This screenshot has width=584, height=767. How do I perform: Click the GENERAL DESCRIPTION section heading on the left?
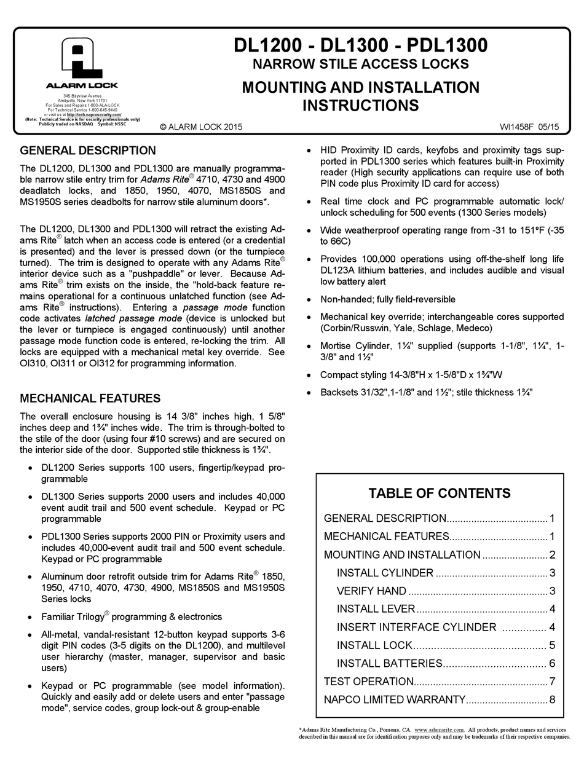click(x=88, y=151)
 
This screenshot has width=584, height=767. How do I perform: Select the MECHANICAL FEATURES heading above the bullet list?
click(x=90, y=398)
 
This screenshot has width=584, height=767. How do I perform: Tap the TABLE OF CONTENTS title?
click(x=440, y=493)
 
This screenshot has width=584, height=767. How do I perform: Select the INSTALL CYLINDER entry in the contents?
click(x=385, y=573)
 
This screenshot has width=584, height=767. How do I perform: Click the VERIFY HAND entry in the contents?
click(x=371, y=591)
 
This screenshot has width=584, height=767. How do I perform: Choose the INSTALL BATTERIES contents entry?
click(x=390, y=663)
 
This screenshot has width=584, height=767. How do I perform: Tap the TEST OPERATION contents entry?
click(x=369, y=681)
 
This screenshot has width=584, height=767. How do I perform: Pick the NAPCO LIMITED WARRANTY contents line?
click(x=394, y=699)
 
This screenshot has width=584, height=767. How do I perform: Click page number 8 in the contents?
click(x=553, y=699)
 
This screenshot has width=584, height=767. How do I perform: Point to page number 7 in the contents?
click(x=553, y=681)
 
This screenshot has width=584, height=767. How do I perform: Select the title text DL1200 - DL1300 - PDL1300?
click(x=360, y=45)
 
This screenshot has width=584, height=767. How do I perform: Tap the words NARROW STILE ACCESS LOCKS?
click(x=360, y=64)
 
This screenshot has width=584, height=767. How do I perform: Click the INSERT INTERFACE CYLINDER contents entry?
click(x=416, y=627)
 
